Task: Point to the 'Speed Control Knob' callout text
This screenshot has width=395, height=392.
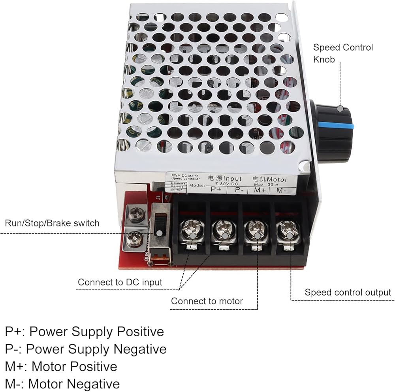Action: pos(343,53)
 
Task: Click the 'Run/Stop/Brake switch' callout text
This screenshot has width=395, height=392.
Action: pos(52,223)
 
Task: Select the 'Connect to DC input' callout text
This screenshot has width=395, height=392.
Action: pos(120,282)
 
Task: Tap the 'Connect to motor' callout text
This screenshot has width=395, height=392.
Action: pos(207,301)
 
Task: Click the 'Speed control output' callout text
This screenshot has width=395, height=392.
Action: pos(348,292)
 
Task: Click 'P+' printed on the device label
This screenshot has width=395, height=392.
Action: pos(216,189)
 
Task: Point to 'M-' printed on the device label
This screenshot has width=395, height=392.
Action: pos(281,190)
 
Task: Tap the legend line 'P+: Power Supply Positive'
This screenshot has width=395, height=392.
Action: pos(85,331)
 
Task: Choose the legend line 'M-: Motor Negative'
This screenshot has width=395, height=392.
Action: pos(62,383)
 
